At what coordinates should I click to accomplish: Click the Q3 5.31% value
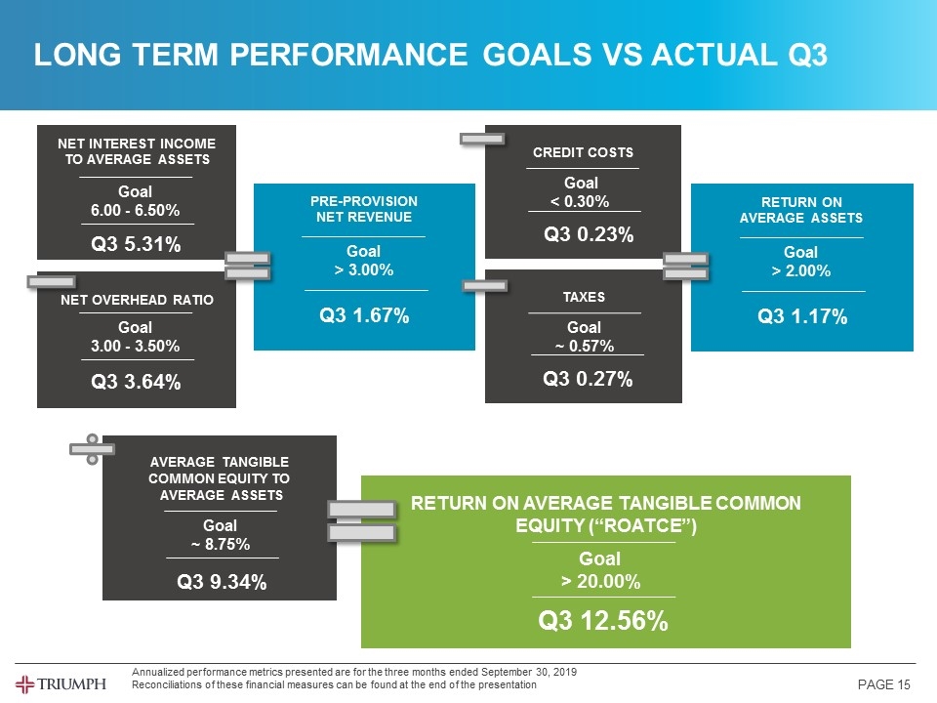pos(136,244)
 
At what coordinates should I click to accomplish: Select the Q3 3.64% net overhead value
pos(136,382)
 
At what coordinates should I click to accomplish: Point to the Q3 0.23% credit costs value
pos(589,234)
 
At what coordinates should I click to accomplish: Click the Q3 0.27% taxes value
pos(588,379)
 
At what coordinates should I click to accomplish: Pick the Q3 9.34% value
pos(222,582)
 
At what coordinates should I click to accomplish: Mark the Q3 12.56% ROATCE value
pos(605,621)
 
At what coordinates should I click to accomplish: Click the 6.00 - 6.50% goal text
pos(136,211)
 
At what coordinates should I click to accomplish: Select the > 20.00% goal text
pos(600,583)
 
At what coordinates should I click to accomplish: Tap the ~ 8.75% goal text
pos(221,544)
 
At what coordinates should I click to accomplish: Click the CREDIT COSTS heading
pos(583,152)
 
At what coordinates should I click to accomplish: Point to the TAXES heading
pos(584,297)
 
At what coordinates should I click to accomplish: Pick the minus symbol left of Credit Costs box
pos(482,139)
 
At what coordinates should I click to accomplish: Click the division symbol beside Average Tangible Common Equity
pos(92,449)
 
